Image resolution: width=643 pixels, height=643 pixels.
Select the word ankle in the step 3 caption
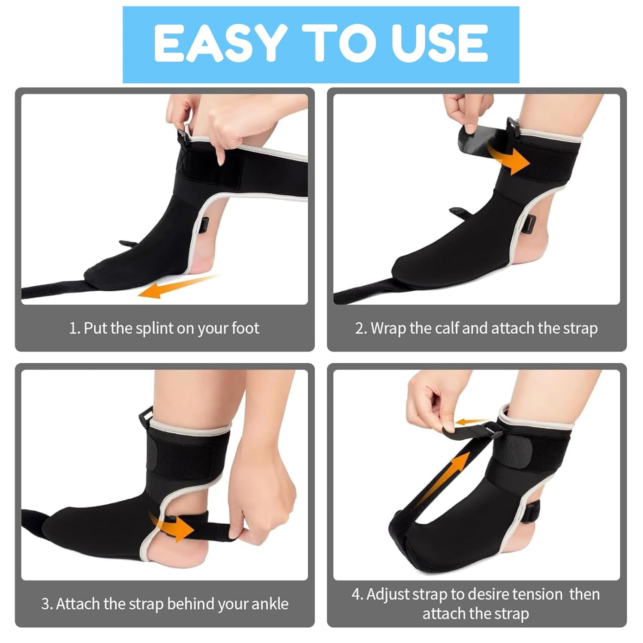pos(270,604)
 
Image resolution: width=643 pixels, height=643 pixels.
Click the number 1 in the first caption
pos(73,329)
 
